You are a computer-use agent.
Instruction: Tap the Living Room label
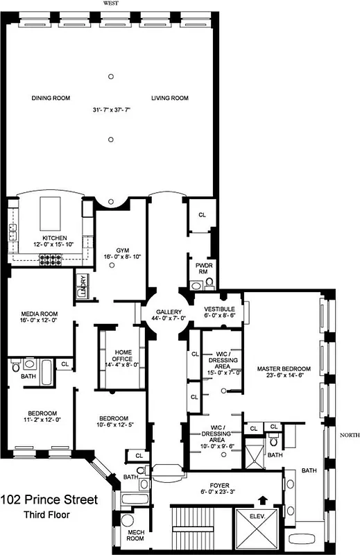pyautogui.click(x=170, y=99)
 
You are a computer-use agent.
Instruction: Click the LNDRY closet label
pyautogui.click(x=83, y=285)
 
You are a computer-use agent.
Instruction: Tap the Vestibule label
pyautogui.click(x=218, y=309)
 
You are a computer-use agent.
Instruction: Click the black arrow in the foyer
pyautogui.click(x=262, y=497)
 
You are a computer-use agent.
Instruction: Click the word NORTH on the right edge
pyautogui.click(x=348, y=436)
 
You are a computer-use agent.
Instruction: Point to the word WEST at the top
pyautogui.click(x=111, y=3)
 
